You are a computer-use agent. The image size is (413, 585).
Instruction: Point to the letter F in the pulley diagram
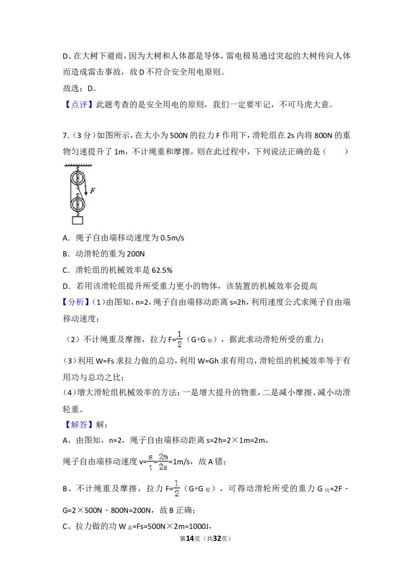[x=92, y=191]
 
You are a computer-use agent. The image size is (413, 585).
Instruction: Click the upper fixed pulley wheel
[x=77, y=177]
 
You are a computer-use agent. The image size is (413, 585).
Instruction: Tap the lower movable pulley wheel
[x=77, y=205]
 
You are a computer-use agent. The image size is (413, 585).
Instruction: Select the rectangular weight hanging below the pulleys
[x=77, y=220]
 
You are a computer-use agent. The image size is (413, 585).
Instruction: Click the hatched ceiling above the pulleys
[x=78, y=165]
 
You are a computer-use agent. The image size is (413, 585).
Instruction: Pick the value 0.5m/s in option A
[x=172, y=238]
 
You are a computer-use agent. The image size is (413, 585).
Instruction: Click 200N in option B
[x=136, y=254]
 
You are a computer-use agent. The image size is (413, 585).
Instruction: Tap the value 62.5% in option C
[x=162, y=270]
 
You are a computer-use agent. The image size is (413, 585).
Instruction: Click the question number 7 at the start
[x=65, y=135]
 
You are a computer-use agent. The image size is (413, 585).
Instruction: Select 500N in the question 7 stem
[x=179, y=135]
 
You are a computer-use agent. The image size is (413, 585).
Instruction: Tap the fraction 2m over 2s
[x=163, y=461]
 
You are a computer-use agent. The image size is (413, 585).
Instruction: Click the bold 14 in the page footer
[x=190, y=538]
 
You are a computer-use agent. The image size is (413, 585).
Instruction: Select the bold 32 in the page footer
[x=217, y=538]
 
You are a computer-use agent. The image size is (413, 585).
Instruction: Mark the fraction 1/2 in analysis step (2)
[x=179, y=339]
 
